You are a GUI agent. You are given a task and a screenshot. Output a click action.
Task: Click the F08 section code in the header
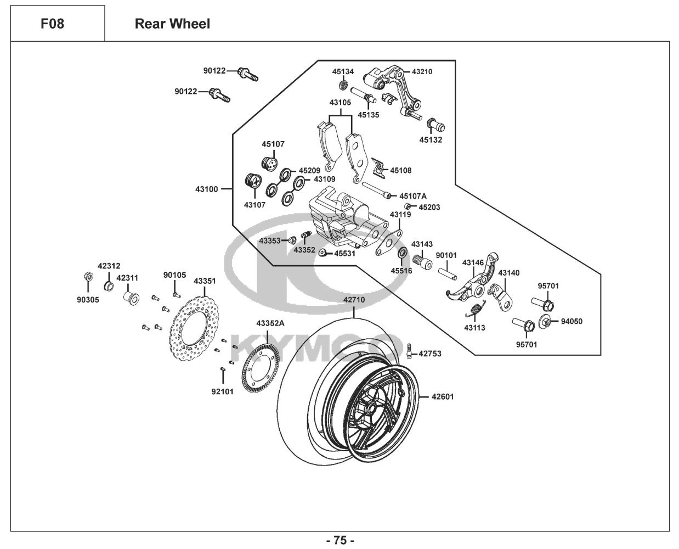coord(52,24)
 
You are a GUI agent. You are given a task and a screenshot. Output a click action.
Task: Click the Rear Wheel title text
coord(172,24)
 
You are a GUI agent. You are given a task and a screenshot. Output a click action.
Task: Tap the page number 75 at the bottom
coord(340,540)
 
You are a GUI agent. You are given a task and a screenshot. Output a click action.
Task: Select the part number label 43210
coord(422,71)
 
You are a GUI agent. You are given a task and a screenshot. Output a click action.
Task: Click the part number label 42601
coord(443,396)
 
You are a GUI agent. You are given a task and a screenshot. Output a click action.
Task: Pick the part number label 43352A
coord(270,323)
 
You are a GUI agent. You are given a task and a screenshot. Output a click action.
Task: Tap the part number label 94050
coord(572,321)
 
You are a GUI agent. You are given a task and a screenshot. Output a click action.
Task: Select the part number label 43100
coord(207,189)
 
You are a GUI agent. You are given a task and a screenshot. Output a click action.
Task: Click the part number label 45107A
coord(413,195)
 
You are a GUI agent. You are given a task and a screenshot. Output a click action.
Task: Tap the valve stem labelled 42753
coord(410,351)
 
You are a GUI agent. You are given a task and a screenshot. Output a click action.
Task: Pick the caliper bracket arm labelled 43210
coord(398,93)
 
